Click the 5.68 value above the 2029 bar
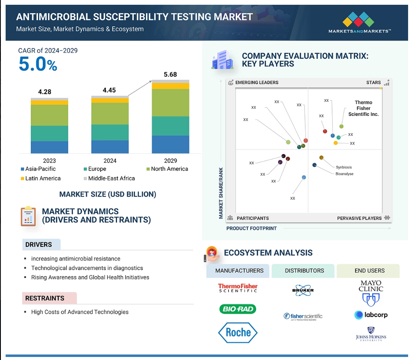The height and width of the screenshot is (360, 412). click(x=170, y=75)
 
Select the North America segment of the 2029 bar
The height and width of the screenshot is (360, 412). click(x=171, y=103)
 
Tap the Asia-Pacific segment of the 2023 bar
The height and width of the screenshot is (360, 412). click(x=49, y=147)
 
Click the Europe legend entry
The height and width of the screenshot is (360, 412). click(x=95, y=169)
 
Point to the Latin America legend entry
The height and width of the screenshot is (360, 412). click(x=41, y=178)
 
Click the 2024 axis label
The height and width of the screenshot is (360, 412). click(x=110, y=161)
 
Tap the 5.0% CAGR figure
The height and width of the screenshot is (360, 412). click(x=38, y=64)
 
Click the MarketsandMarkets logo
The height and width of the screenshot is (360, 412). click(x=359, y=22)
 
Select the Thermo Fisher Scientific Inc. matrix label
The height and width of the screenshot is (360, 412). click(x=363, y=108)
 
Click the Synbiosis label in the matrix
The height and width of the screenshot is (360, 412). click(x=344, y=167)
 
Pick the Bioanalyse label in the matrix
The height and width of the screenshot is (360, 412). click(x=344, y=174)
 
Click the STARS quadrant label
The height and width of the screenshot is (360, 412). click(x=374, y=82)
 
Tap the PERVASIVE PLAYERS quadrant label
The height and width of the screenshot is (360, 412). click(x=359, y=218)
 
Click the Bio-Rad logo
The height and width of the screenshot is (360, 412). click(x=238, y=309)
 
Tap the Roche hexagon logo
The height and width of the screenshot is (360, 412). click(x=238, y=333)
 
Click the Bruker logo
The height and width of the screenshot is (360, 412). click(x=303, y=290)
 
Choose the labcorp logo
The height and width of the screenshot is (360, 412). click(x=371, y=315)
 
